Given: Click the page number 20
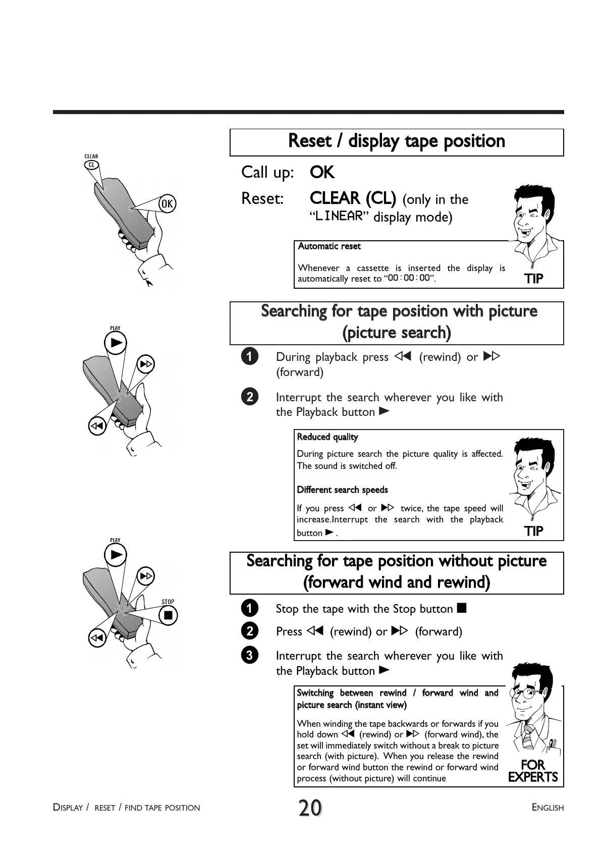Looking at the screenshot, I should click(x=310, y=808).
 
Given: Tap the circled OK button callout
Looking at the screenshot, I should click(x=167, y=203).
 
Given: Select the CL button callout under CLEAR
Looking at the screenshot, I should click(x=91, y=165).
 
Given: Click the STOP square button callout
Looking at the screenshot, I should click(x=168, y=615).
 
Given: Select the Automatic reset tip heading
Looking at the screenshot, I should click(x=329, y=246).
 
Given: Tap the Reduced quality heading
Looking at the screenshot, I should click(x=327, y=437).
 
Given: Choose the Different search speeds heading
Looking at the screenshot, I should click(x=342, y=490).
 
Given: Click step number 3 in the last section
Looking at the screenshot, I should click(x=249, y=656).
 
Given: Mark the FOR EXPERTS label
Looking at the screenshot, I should click(x=533, y=771).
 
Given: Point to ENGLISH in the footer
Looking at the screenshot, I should click(x=548, y=808).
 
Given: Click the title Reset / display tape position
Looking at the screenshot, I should click(x=396, y=141).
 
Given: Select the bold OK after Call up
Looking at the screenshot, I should click(x=322, y=173).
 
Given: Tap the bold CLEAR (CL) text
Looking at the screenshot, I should click(x=353, y=198).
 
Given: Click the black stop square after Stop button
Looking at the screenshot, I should click(x=461, y=608).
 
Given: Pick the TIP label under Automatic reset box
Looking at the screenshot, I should click(x=533, y=278).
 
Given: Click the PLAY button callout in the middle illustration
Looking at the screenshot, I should click(x=116, y=344).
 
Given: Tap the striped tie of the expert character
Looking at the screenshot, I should click(x=528, y=737).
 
